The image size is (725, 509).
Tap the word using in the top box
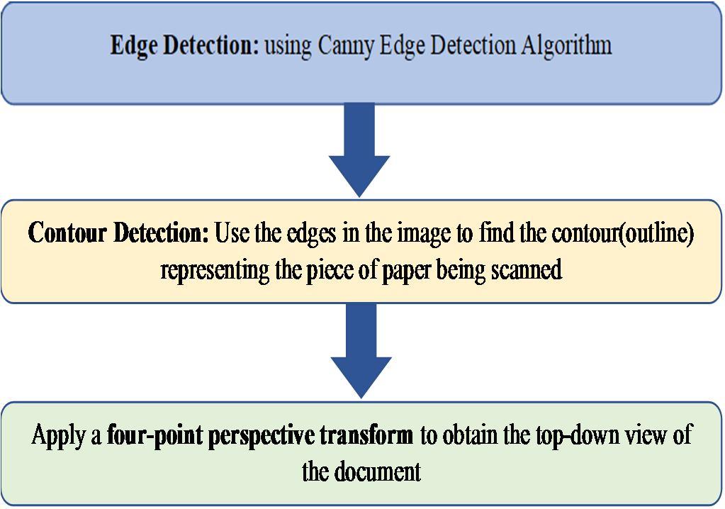coord(288,47)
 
